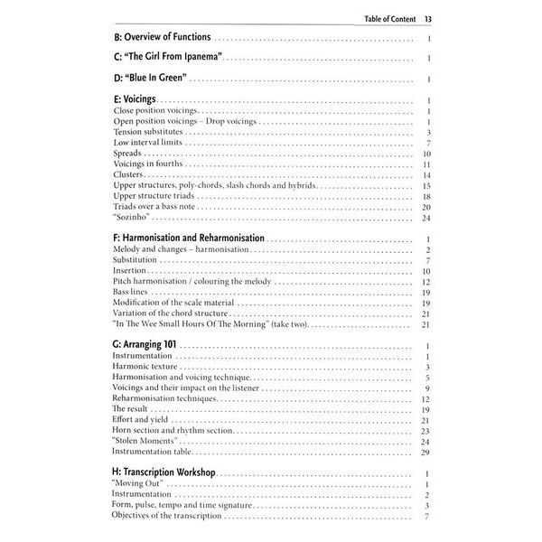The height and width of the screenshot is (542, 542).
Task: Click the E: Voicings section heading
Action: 136,101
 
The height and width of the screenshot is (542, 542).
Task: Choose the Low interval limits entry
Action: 149,143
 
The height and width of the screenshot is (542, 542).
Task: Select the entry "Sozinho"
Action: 132,218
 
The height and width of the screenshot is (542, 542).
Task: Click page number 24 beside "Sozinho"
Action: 425,218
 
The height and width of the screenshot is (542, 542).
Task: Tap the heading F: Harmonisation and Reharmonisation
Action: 189,238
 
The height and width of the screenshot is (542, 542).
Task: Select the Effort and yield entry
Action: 142,420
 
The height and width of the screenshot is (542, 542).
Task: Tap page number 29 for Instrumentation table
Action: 425,453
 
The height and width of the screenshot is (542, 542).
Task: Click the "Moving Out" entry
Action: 138,485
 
